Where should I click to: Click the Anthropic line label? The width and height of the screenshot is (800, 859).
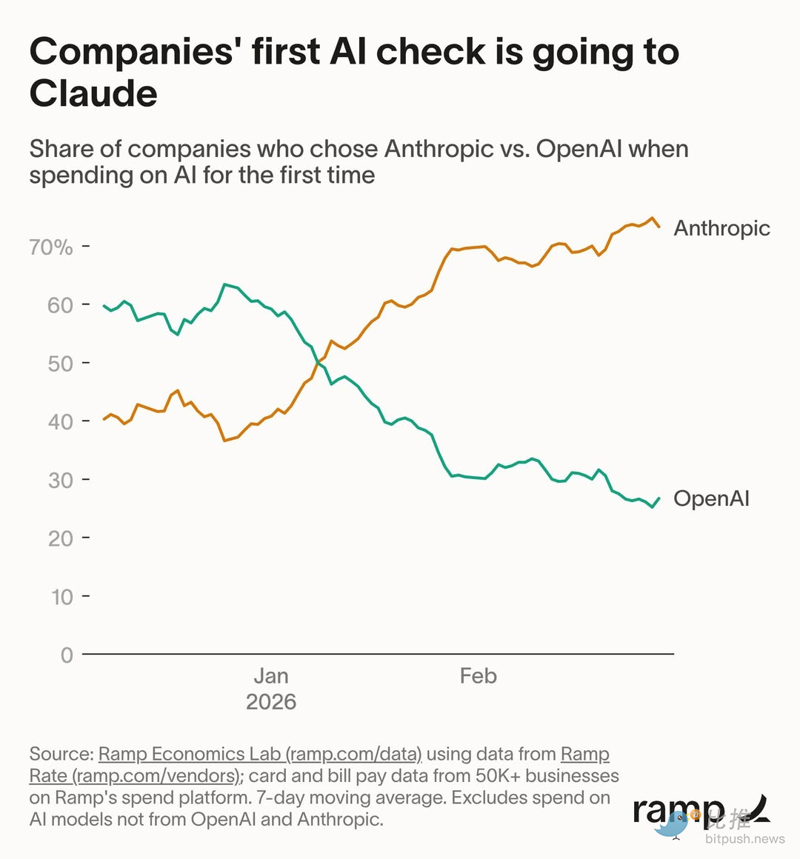(721, 228)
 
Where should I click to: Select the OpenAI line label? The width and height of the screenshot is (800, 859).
(711, 498)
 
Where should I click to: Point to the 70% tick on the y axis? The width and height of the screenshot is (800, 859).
(51, 247)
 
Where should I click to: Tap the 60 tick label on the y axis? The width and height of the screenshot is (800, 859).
(61, 305)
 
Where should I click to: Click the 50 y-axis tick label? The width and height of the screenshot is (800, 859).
(61, 364)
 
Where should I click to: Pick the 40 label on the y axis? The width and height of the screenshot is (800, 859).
(61, 422)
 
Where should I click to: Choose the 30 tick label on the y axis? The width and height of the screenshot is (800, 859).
(61, 480)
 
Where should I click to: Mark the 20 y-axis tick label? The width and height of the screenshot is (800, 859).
(61, 538)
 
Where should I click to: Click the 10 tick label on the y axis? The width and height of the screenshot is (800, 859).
(62, 597)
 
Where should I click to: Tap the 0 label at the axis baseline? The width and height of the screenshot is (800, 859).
(67, 655)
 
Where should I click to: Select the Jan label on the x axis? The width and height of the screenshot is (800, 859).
(271, 676)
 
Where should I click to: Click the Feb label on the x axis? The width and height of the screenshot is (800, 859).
(478, 676)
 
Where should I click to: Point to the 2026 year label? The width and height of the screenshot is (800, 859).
(271, 702)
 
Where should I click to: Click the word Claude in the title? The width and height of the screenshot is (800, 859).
(93, 94)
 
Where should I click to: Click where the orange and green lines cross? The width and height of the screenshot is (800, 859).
(319, 362)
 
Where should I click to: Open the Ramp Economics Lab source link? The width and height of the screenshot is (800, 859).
(260, 754)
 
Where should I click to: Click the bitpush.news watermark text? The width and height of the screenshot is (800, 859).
(744, 839)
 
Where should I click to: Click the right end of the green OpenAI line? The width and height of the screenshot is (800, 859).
(659, 498)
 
